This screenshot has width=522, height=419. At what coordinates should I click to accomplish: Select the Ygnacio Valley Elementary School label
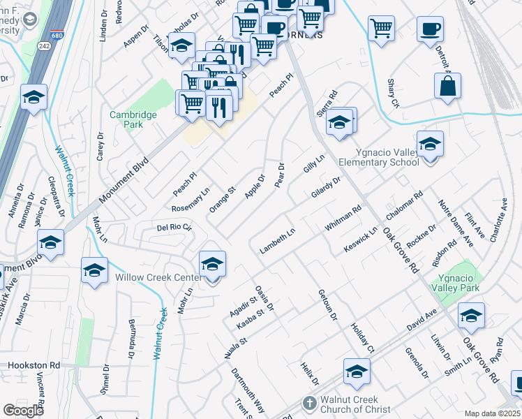coord(379,157)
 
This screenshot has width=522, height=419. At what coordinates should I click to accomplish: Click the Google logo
coord(23,410)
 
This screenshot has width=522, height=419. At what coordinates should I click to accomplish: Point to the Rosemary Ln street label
coord(191,200)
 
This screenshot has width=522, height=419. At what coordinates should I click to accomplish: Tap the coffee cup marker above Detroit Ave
coord(430,29)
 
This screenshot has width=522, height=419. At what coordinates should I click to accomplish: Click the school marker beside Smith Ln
coord(471,316)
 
